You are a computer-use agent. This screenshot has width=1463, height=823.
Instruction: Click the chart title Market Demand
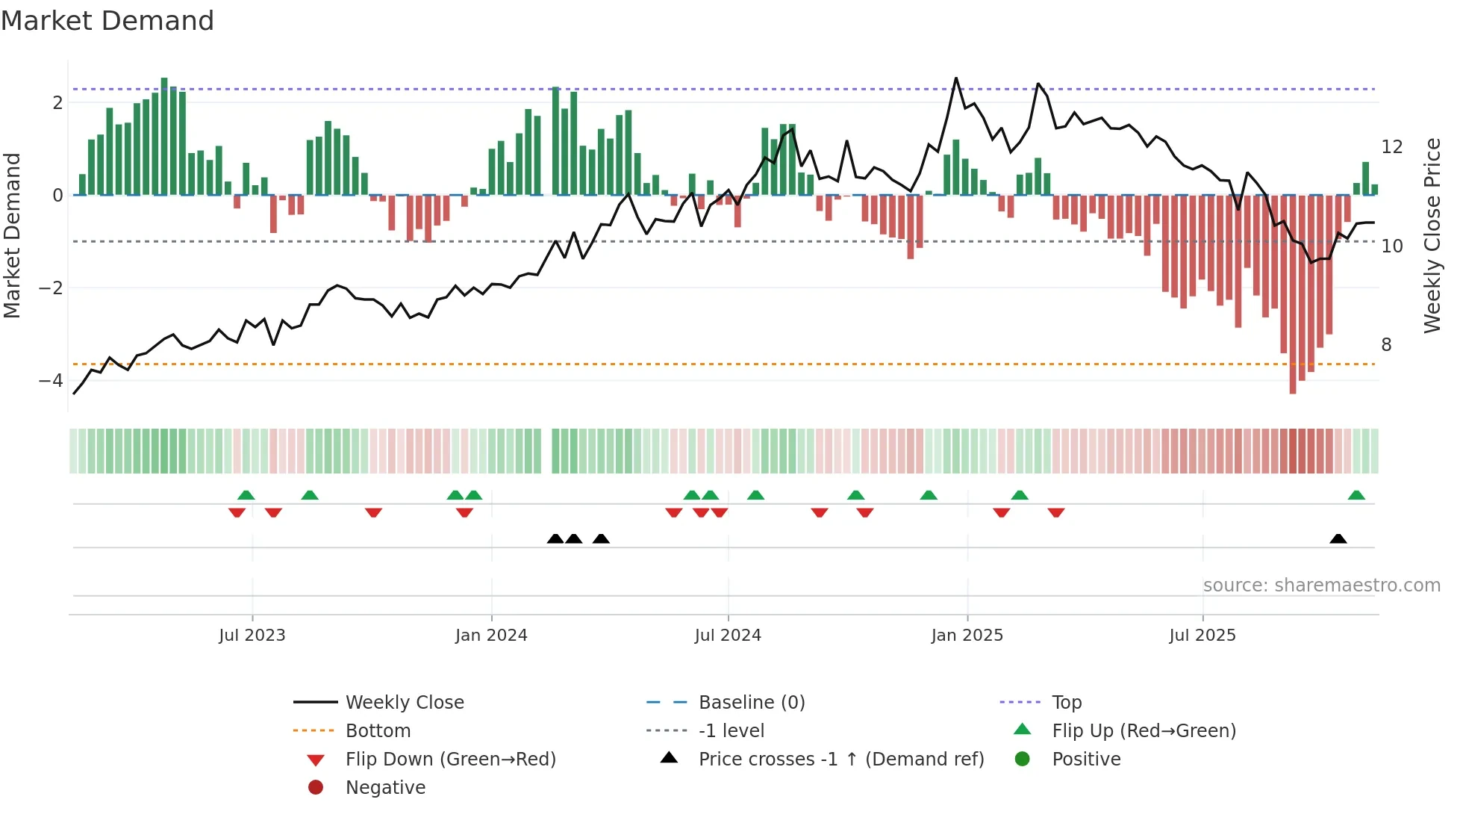[107, 21]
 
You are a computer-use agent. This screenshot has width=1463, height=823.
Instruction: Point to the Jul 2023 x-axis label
[252, 636]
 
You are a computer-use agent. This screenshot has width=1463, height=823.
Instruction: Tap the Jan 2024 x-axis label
[491, 636]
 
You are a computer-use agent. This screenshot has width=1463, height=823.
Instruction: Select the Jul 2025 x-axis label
[1202, 636]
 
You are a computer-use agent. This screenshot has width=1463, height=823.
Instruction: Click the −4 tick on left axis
[51, 381]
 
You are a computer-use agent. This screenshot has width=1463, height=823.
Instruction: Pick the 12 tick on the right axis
[1391, 147]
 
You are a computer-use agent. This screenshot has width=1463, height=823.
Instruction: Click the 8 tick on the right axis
[1386, 345]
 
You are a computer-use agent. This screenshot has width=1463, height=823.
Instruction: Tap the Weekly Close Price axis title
[1432, 236]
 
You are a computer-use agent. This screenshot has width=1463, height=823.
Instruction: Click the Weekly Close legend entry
[404, 703]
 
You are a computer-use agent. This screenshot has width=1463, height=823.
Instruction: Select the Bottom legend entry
[378, 731]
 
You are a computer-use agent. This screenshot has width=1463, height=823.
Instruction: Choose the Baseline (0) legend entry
[751, 703]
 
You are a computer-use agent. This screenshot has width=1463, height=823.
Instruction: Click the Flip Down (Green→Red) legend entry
[450, 760]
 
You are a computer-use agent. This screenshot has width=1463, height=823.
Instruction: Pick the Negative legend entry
[385, 788]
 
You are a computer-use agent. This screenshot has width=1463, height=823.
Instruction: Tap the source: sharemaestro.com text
[1321, 586]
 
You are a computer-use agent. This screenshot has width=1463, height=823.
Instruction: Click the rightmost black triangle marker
[1338, 539]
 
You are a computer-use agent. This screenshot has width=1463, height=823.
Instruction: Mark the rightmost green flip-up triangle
[1356, 495]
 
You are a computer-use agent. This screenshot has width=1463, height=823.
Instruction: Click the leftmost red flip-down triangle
[237, 512]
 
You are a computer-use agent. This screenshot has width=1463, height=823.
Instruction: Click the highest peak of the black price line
[956, 78]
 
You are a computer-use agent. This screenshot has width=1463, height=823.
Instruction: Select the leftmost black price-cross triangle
[555, 539]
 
